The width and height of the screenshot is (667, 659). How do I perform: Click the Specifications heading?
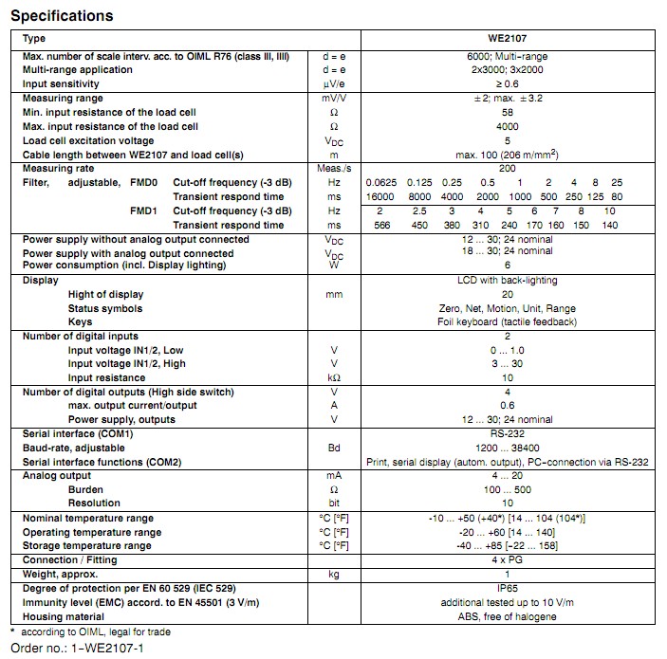pyautogui.click(x=61, y=15)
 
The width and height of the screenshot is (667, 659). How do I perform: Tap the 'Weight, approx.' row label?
pyautogui.click(x=63, y=575)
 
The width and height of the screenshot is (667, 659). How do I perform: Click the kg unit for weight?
pyautogui.click(x=333, y=575)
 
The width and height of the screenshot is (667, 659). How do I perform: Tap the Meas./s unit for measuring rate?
pyautogui.click(x=333, y=168)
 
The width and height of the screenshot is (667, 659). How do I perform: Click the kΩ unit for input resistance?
pyautogui.click(x=333, y=377)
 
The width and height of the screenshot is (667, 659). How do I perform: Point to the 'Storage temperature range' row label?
pyautogui.click(x=86, y=546)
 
